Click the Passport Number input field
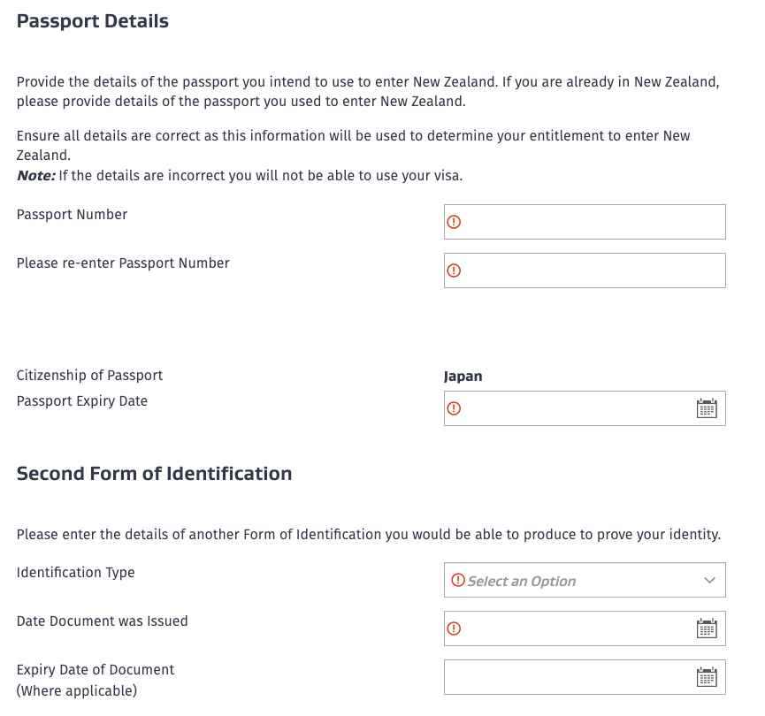(x=584, y=222)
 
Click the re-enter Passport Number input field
(x=584, y=270)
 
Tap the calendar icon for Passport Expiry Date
(x=707, y=408)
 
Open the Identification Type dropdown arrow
(x=709, y=581)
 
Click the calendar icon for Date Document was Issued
(x=707, y=628)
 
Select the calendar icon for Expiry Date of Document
(x=707, y=677)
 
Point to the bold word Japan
(x=463, y=376)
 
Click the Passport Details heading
(x=93, y=21)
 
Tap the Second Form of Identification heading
(x=154, y=474)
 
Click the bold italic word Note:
(x=36, y=175)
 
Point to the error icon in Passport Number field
(x=455, y=222)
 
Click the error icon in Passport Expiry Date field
(x=455, y=408)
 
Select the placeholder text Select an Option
(x=521, y=581)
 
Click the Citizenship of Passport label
(x=89, y=376)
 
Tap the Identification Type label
(x=76, y=573)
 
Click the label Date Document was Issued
(x=103, y=621)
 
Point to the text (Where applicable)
(x=77, y=690)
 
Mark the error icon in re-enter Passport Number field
(x=455, y=270)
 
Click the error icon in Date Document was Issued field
(x=455, y=628)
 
